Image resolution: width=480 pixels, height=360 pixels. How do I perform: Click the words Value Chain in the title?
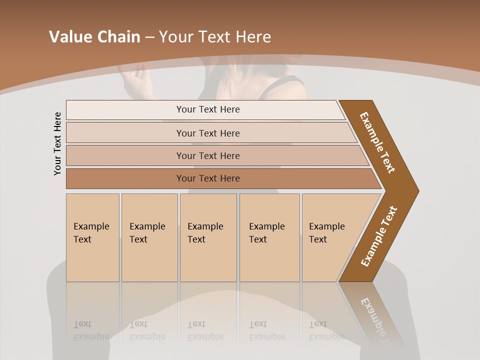coord(94,37)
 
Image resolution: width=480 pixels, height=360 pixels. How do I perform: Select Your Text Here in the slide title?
coord(215,37)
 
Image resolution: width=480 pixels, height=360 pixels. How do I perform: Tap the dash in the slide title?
coord(149,37)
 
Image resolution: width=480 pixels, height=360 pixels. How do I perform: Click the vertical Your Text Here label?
coord(57,143)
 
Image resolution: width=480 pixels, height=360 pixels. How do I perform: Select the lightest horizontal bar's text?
coord(208,109)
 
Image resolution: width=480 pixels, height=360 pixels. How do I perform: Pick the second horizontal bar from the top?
coord(208,133)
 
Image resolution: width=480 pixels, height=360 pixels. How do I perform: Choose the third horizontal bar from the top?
coord(208,155)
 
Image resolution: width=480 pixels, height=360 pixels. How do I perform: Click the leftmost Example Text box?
coord(92,237)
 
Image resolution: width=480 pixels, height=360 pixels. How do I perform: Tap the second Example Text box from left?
coord(149,237)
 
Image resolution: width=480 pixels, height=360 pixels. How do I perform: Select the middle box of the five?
coord(208,237)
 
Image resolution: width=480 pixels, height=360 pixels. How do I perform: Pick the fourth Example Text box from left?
coord(269,237)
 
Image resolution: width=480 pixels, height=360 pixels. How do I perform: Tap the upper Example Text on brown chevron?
coord(378,142)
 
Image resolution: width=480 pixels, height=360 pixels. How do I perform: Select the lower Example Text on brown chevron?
coord(379,236)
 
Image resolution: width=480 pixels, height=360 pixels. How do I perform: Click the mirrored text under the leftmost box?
coord(91,330)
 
